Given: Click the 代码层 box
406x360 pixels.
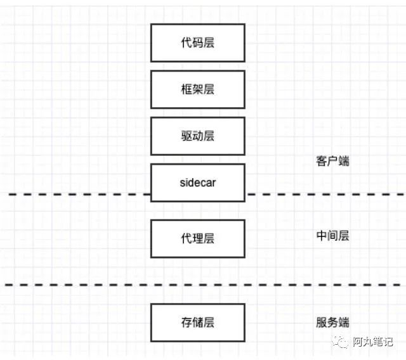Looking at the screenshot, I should tap(197, 42).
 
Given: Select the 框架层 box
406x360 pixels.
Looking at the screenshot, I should tap(197, 89).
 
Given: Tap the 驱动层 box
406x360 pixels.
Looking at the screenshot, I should tap(197, 136).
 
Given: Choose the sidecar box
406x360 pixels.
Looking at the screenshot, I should tap(197, 183).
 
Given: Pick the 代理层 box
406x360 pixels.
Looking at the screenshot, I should tap(197, 238).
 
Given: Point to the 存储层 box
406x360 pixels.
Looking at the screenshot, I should tap(197, 322).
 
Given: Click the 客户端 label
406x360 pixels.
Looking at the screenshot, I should tap(332, 161).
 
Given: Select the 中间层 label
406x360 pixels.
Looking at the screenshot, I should tap(332, 236).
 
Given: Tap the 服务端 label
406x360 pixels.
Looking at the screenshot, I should tap(332, 322).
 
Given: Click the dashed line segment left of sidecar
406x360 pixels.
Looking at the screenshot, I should tap(76, 194).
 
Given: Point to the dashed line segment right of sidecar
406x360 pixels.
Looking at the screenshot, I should tap(324, 194).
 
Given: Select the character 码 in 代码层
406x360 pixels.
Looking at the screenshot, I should tap(197, 42).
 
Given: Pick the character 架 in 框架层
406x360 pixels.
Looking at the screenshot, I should tap(197, 89).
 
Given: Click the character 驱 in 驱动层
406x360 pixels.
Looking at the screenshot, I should tap(187, 136).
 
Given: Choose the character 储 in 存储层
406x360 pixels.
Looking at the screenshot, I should tap(197, 322).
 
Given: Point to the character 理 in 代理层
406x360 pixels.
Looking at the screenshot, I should tap(197, 238).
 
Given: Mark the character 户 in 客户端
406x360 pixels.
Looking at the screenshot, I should tap(332, 161).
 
